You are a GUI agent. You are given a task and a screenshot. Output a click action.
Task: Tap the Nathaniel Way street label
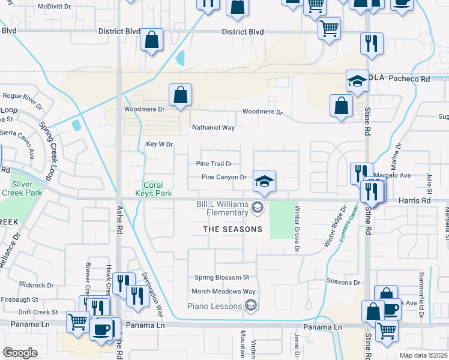pyautogui.click(x=213, y=127)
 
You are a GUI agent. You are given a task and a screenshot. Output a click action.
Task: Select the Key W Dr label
pyautogui.click(x=159, y=144)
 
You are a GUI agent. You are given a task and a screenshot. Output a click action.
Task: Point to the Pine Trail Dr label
pyautogui.click(x=214, y=164)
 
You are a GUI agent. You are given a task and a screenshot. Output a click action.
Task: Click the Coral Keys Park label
pyautogui.click(x=158, y=189)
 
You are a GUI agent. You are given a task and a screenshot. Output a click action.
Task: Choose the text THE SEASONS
pyautogui.click(x=232, y=229)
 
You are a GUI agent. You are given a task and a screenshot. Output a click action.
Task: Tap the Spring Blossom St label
pyautogui.click(x=221, y=277)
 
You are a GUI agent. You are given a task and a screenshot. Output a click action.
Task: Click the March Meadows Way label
pyautogui.click(x=224, y=292)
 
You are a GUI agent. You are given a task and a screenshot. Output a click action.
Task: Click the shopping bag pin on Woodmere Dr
pyautogui.click(x=180, y=95)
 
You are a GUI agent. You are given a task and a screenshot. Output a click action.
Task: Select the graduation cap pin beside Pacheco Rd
pyautogui.click(x=357, y=82)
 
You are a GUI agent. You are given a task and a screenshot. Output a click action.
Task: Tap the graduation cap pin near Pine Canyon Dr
pyautogui.click(x=264, y=180)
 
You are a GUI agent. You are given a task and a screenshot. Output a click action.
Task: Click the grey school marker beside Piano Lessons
pyautogui.click(x=252, y=306)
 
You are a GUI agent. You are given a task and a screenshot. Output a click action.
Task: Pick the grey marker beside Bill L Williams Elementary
pyautogui.click(x=258, y=208)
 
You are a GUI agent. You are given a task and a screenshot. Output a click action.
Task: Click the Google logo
pyautogui.click(x=20, y=352)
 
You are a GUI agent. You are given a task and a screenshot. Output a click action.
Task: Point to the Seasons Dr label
pyautogui.click(x=343, y=281)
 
